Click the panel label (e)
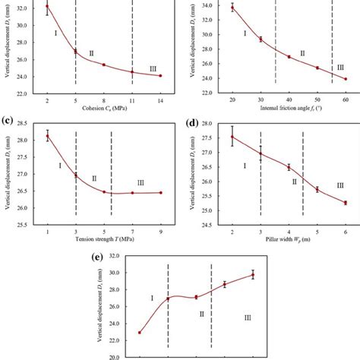point(96,256)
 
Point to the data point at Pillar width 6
point(346,203)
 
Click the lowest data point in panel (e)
point(139,332)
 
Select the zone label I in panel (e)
point(152,298)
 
